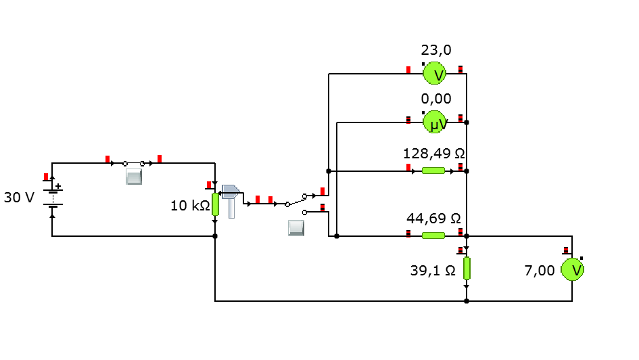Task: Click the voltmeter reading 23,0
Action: pos(434,73)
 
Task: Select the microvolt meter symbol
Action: pos(434,122)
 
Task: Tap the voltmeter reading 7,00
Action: pos(572,269)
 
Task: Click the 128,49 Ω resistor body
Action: pos(433,171)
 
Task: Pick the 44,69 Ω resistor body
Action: pos(433,235)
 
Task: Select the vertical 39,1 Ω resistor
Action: pos(467,268)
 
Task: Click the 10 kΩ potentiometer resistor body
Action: pos(215,204)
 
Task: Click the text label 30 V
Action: pos(19,198)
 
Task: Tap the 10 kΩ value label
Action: pos(190,206)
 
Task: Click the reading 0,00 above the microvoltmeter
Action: pos(436,99)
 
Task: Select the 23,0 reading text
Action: pos(436,50)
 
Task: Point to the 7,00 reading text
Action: pos(540,270)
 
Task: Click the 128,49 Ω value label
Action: pos(434,154)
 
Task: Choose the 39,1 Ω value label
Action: pos(433,270)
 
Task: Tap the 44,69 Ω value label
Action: pos(433,219)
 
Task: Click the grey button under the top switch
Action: pos(134,177)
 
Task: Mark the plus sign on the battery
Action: pos(58,186)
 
